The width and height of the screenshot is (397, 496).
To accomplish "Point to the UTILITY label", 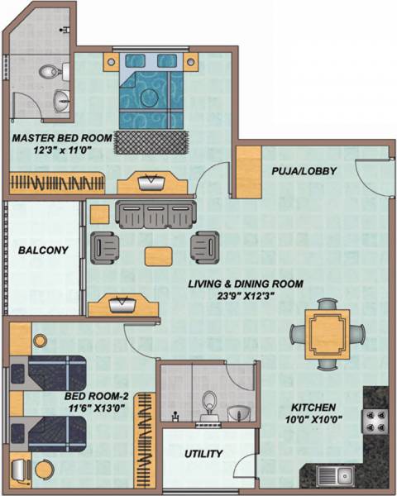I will (203, 454).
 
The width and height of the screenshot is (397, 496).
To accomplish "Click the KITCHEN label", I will (312, 408).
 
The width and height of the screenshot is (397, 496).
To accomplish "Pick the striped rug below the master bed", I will (152, 141).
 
